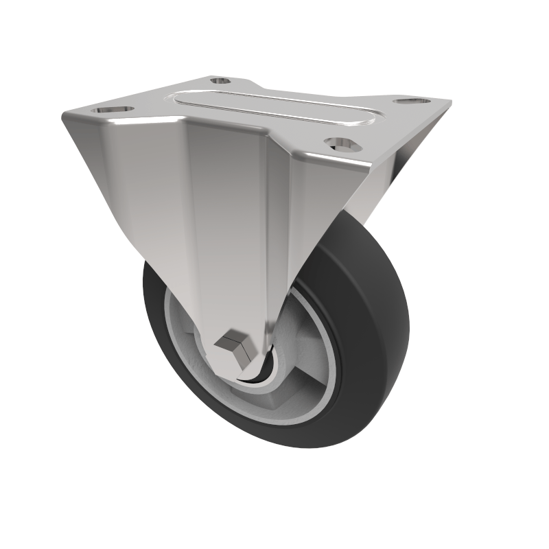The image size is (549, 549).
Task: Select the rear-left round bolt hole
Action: coord(220,81)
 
